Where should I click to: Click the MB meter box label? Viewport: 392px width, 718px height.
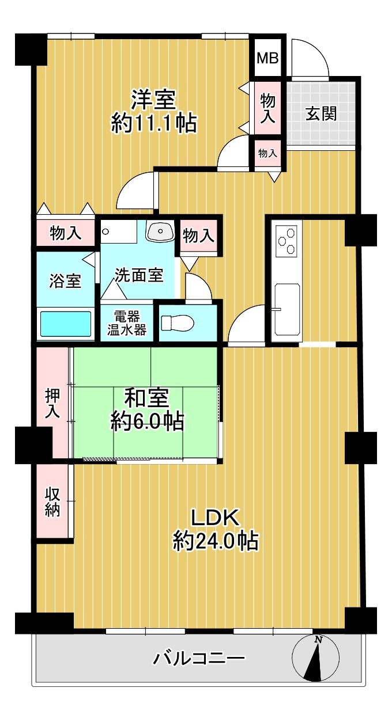pos(267,58)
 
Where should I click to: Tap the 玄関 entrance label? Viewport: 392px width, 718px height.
pos(321,113)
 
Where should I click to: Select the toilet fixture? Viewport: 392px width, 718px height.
pos(178,324)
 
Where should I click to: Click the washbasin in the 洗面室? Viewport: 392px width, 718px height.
pos(160,230)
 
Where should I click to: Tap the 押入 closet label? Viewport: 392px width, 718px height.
pos(52,403)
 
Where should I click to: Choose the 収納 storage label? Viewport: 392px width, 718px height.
pos(52,502)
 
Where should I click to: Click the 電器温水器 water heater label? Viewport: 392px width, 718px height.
pos(127,323)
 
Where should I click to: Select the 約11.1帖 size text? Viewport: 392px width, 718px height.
pos(154,123)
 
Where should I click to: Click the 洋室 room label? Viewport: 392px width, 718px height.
pos(153,100)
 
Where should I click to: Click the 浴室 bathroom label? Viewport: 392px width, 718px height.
pos(65,281)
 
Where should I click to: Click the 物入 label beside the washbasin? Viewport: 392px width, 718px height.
pos(198,237)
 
